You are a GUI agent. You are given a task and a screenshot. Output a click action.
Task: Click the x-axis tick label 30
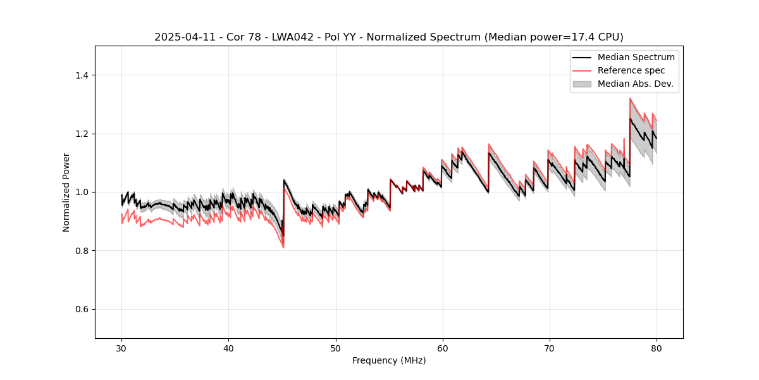pos(121,348)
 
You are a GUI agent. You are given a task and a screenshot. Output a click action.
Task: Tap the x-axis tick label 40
pos(228,348)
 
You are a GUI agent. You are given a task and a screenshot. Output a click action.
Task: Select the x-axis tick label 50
pos(335,348)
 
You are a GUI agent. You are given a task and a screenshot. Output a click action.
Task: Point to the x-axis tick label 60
pos(442,348)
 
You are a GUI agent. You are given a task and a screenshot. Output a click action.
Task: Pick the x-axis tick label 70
pos(549,348)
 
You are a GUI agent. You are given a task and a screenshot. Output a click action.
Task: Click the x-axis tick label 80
pos(656,348)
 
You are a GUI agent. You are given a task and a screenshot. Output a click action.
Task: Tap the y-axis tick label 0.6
pos(82,309)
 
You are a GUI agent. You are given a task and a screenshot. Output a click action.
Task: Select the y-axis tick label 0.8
pos(82,251)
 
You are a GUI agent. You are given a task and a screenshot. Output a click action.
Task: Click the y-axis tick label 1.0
pos(82,192)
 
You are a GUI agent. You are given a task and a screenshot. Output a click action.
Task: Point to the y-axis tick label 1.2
pos(82,134)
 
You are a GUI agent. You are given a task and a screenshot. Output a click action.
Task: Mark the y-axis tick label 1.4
pos(82,75)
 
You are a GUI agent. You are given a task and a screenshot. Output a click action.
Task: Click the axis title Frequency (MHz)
pos(389,360)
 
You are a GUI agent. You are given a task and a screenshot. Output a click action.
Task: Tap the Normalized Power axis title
pos(66,192)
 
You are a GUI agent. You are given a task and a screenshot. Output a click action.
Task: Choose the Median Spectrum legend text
pos(636,57)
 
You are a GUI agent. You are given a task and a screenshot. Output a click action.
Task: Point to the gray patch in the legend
pos(582,84)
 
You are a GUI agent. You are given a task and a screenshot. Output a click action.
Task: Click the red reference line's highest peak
pos(630,98)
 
